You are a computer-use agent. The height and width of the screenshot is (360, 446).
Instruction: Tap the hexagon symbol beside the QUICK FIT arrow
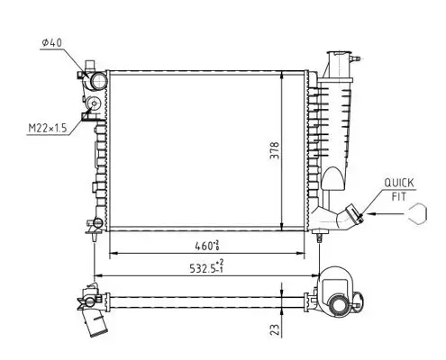point(417,214)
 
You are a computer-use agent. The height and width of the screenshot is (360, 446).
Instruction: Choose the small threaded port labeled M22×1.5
point(91,113)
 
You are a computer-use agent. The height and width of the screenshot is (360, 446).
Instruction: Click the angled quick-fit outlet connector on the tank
point(346,217)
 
